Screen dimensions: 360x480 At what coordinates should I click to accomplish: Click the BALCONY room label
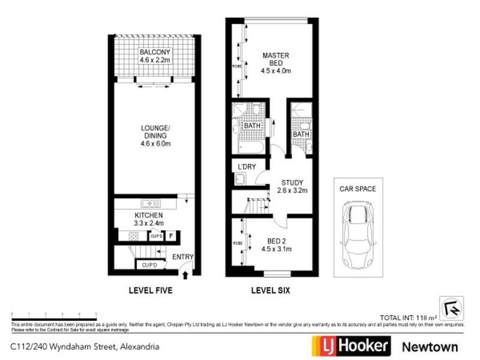(x=155, y=56)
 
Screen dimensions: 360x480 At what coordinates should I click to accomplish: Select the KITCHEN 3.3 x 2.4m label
(x=148, y=219)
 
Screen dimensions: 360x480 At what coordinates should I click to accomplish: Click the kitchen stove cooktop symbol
(x=133, y=236)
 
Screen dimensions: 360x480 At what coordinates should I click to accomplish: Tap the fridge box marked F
(x=171, y=236)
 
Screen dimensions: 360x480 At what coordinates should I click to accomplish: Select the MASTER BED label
(x=275, y=63)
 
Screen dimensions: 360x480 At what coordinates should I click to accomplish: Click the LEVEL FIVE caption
(x=151, y=291)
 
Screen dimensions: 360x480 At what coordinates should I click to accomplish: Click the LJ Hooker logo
(x=350, y=346)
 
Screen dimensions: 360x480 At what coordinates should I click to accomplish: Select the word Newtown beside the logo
(x=429, y=347)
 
